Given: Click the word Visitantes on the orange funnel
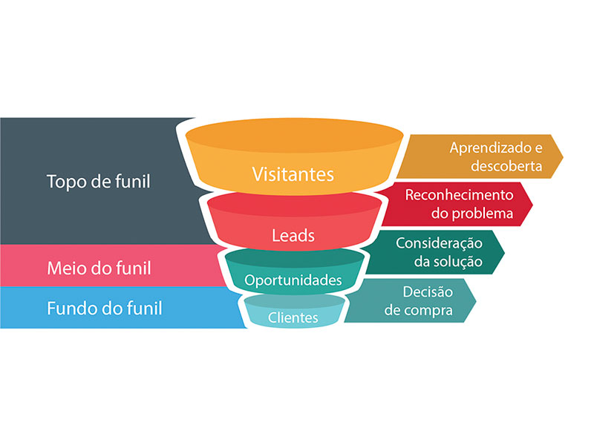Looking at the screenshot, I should (293, 175).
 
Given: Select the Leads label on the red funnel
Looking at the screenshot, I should (293, 236).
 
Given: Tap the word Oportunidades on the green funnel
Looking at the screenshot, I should (293, 280).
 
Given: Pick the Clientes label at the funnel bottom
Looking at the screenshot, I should (293, 317).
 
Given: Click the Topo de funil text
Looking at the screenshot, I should (98, 181).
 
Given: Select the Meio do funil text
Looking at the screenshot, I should (99, 266).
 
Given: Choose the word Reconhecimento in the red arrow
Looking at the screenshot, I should (459, 195).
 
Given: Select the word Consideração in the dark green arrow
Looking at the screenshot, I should (439, 243).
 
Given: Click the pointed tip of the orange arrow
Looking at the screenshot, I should (563, 156).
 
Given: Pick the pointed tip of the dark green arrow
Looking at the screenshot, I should (504, 252).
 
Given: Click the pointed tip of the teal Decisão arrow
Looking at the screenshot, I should (476, 300).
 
